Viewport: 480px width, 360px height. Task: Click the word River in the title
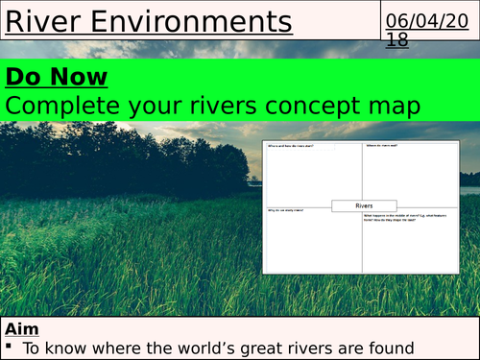[x=41, y=20]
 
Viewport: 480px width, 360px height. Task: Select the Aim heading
[x=21, y=327]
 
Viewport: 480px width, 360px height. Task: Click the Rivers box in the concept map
[x=364, y=204]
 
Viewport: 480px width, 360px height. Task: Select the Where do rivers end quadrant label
[x=384, y=146]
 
